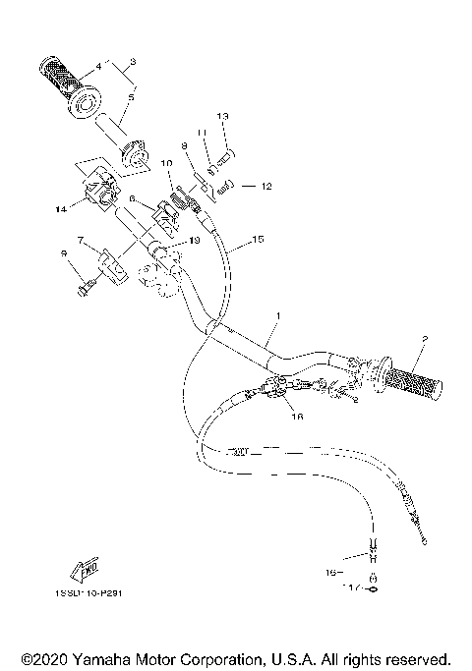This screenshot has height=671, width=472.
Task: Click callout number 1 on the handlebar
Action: pos(279,316)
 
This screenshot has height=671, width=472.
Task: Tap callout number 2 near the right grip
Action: pos(424,339)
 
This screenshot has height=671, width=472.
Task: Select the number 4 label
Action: pos(98,68)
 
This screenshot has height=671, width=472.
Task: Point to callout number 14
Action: pos(62,209)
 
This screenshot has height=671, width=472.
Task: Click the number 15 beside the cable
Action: pos(259,239)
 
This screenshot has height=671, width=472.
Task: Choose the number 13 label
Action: pos(222,117)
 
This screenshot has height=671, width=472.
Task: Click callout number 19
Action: pos(195,240)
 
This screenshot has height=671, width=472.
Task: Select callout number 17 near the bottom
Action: pos(348,588)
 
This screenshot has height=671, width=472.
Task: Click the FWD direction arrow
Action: pos(82,568)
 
